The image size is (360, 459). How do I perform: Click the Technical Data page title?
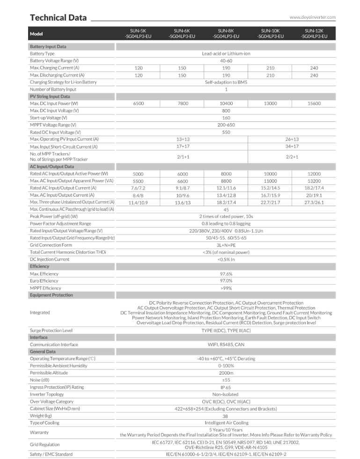pos(58,18)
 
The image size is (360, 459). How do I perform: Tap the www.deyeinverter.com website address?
pos(312,17)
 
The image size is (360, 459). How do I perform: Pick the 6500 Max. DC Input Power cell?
pos(138,104)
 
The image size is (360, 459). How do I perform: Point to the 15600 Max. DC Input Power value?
pos(314,104)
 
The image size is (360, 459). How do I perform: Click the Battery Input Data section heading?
pos(48,47)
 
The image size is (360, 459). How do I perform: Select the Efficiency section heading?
pos(40,267)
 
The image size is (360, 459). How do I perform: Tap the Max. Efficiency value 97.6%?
pos(226,274)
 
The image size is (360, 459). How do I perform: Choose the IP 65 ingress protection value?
pos(226,387)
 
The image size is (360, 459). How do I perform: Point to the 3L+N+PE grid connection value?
pos(226,245)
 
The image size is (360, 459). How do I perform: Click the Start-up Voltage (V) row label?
pos(49,118)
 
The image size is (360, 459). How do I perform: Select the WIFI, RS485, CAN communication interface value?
pos(226,345)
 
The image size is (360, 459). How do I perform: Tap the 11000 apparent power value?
pos(270,181)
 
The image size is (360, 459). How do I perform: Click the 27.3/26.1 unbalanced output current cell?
pos(314,202)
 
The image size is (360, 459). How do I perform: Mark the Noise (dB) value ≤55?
pos(226,380)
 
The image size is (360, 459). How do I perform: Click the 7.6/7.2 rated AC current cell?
pos(138,188)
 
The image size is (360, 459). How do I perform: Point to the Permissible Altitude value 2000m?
pos(226,373)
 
